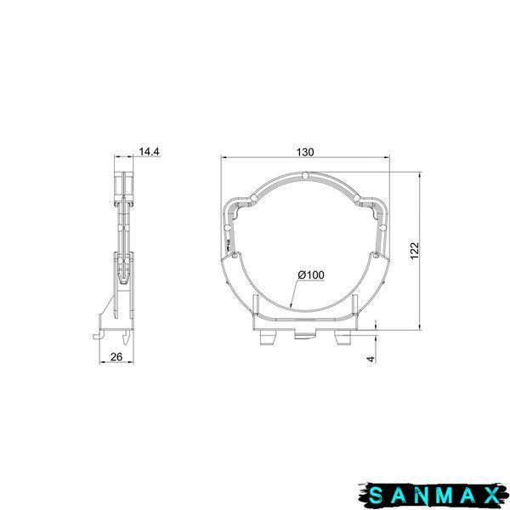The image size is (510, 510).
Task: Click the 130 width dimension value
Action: pos(305,152)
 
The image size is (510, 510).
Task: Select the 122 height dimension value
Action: pos(415,251)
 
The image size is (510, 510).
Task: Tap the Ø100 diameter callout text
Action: pos(311,275)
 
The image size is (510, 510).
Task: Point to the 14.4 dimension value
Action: pos(150,151)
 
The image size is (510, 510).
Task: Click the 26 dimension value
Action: pos(116,357)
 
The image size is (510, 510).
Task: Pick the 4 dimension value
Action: pos(371,359)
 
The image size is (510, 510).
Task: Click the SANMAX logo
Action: pos(433,496)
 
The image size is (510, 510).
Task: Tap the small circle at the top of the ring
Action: pos(305,176)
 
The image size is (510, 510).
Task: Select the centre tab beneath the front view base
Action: pos(305,334)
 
